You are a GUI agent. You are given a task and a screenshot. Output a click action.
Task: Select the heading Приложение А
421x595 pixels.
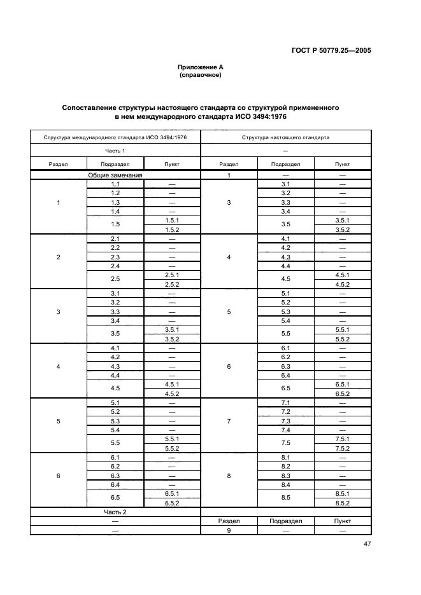(x=201, y=67)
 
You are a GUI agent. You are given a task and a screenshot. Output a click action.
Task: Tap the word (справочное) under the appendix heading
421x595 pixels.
(x=201, y=74)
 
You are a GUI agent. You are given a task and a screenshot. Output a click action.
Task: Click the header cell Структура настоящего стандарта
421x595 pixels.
(x=285, y=137)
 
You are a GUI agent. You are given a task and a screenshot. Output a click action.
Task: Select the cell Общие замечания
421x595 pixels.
(x=115, y=175)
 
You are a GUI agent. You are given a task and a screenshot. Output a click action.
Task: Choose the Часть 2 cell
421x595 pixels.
(x=115, y=512)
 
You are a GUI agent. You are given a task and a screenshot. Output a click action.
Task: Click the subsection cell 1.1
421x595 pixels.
(x=115, y=184)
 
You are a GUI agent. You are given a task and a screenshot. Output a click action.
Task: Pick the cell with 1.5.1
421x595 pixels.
(x=171, y=220)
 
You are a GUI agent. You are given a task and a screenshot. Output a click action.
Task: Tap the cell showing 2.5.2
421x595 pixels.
(x=171, y=284)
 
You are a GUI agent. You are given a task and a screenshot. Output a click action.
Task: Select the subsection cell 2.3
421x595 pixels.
(x=115, y=257)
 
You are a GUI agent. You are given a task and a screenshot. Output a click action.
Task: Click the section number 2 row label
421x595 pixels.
(x=59, y=257)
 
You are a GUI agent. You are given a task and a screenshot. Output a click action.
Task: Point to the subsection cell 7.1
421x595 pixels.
(x=285, y=403)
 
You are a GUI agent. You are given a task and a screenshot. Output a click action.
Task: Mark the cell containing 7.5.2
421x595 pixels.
(x=342, y=448)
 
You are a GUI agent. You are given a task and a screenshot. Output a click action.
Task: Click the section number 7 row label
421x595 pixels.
(x=229, y=421)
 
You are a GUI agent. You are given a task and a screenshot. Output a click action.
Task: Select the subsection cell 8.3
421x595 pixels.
(x=285, y=475)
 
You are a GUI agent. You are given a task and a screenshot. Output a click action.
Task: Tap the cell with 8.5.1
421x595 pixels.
(x=342, y=493)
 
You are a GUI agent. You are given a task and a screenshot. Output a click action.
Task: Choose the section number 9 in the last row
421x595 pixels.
(x=229, y=530)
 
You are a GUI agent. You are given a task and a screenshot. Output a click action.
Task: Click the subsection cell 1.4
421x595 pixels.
(x=115, y=211)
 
